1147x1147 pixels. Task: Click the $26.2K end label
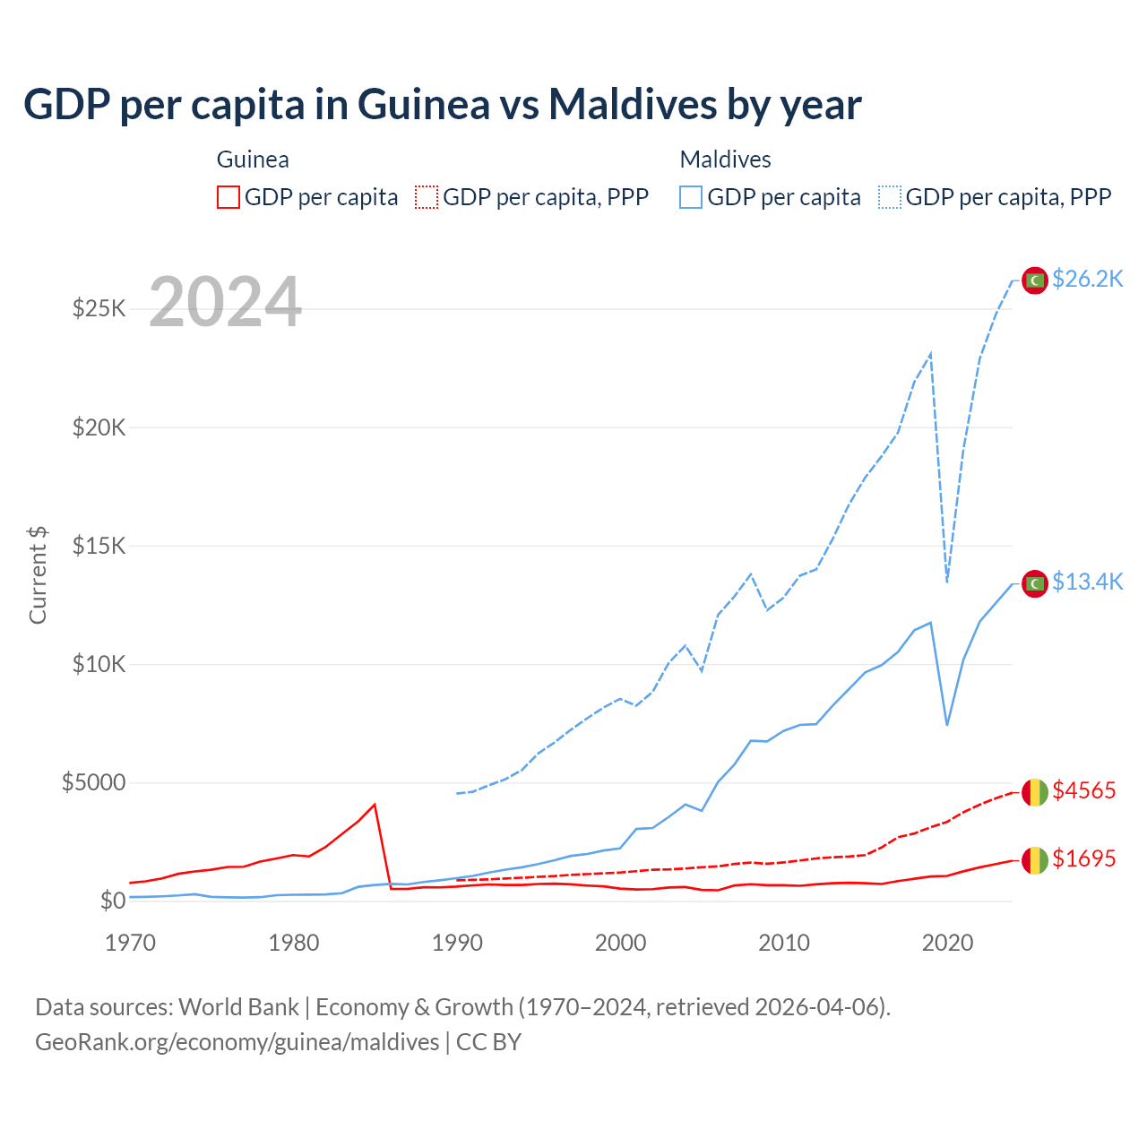[x=1087, y=280]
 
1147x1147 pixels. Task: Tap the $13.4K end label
[x=1087, y=582]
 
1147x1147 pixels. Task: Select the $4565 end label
[x=1083, y=790]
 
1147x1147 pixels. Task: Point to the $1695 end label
[x=1083, y=858]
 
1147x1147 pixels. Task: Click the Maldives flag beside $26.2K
[x=1035, y=280]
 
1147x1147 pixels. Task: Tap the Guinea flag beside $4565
[x=1035, y=792]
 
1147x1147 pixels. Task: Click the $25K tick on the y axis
[x=99, y=309]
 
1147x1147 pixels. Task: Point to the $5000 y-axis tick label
[x=93, y=782]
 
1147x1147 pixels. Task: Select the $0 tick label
[x=112, y=901]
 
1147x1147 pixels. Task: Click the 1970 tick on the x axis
[x=130, y=943]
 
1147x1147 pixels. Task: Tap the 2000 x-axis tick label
[x=620, y=943]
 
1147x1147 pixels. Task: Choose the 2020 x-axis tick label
[x=947, y=943]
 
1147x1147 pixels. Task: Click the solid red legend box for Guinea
[x=229, y=197]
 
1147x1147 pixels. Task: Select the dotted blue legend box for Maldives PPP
[x=890, y=197]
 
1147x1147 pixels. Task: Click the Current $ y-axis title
[x=38, y=575]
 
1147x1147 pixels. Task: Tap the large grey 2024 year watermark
[x=225, y=302]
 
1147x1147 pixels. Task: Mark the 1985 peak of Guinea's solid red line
[x=375, y=805]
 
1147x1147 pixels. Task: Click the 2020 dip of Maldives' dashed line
[x=947, y=581]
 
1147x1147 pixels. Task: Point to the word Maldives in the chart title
[x=632, y=105]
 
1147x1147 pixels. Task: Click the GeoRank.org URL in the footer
[x=237, y=1042]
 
